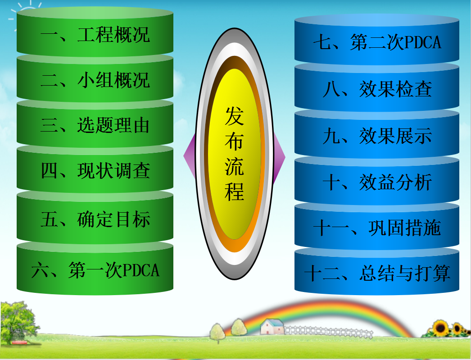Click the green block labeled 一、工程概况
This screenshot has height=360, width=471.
95,33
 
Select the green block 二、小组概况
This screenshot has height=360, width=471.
95,79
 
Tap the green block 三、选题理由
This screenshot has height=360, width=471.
95,125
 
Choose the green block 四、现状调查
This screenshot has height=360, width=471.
95,170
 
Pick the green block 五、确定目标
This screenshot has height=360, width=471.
95,219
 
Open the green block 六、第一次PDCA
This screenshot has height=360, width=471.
95,269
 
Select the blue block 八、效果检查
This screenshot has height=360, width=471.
377,89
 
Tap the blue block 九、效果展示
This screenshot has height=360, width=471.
377,135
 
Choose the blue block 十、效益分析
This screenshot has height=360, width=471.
377,182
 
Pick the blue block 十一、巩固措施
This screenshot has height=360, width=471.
377,228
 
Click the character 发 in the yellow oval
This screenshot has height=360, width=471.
234,116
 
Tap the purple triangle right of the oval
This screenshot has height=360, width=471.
279,157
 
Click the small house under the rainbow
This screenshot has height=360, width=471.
272,327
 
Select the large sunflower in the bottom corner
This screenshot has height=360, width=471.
440,328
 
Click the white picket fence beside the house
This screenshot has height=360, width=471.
329,332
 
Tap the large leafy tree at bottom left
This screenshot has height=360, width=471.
18,322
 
